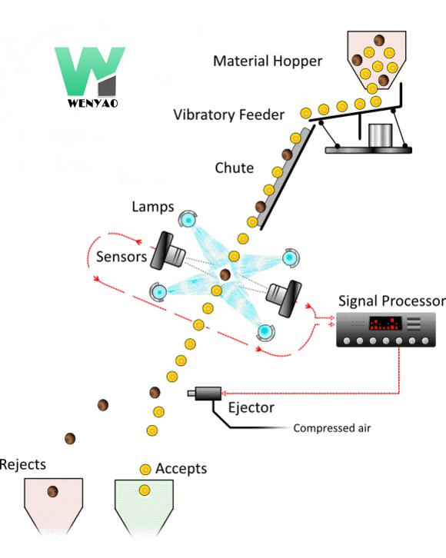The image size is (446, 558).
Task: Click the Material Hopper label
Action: click(x=268, y=61)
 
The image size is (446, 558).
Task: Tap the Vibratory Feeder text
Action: click(x=228, y=115)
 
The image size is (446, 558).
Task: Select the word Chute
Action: click(x=234, y=168)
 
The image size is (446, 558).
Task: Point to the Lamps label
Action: click(x=152, y=207)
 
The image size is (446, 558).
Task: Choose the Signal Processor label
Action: click(x=391, y=301)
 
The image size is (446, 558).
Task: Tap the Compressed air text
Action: click(x=331, y=428)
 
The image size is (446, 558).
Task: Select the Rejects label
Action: click(x=23, y=464)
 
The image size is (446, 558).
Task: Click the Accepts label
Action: click(x=181, y=468)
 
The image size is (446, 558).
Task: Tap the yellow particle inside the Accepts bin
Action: click(x=144, y=490)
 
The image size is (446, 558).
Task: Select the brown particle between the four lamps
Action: click(x=225, y=274)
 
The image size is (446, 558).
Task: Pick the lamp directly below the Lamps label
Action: click(x=187, y=221)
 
